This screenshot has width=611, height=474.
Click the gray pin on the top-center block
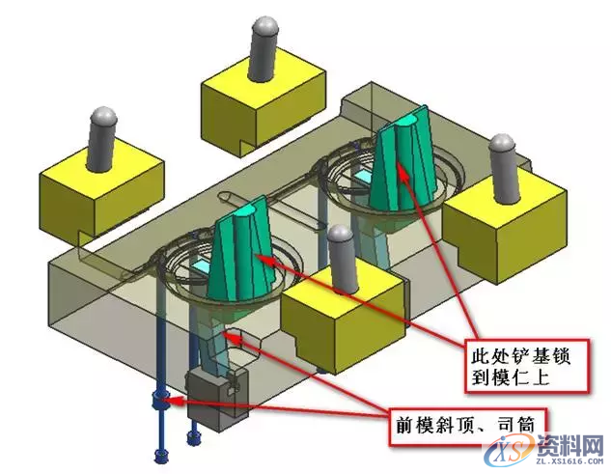pos(265,48)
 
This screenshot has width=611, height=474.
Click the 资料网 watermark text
pos(572,445)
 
